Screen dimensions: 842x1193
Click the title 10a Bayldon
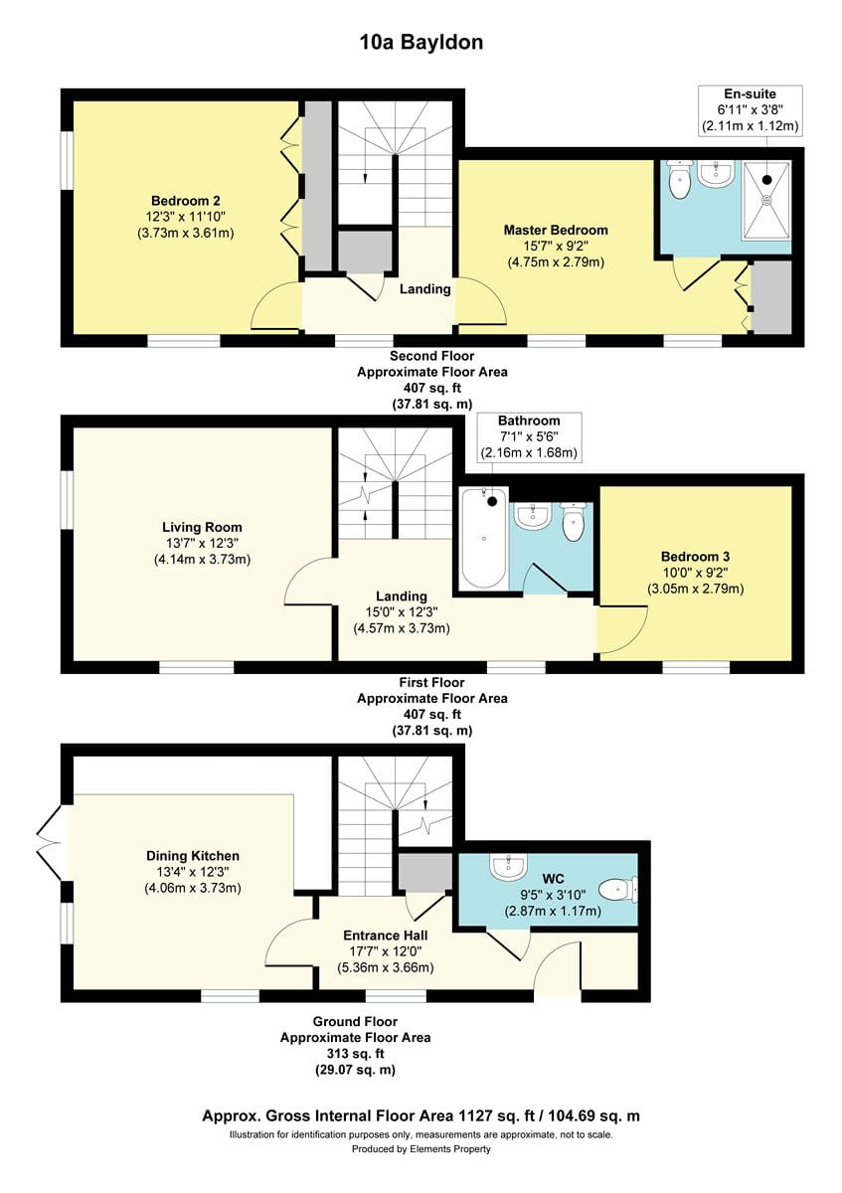[x=421, y=43]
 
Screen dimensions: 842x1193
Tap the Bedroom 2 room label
[x=186, y=201]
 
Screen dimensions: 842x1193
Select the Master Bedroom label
[x=556, y=230]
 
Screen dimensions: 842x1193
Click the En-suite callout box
[x=750, y=110]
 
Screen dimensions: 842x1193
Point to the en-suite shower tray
[x=766, y=200]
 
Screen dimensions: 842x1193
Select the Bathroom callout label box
[x=529, y=436]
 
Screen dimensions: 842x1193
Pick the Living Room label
[x=202, y=527]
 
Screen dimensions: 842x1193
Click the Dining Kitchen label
[x=193, y=856]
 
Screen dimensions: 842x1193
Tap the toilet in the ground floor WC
[x=617, y=890]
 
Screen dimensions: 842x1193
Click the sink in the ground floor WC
[x=508, y=867]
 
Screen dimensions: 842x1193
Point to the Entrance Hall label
[x=386, y=936]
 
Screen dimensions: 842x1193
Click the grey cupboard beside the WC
[x=425, y=871]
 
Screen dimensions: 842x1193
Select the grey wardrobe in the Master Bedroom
[x=770, y=297]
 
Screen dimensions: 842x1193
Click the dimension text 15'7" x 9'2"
[x=556, y=247]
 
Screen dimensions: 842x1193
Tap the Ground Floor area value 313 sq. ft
[x=355, y=1054]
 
